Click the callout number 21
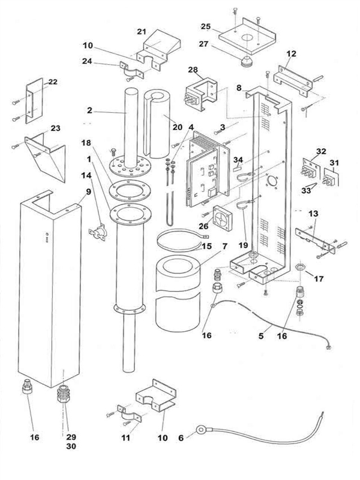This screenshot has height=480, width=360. (142, 31)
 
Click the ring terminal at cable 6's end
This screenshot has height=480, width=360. (199, 430)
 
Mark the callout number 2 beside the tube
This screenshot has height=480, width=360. (89, 110)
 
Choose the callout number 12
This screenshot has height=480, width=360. (291, 53)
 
